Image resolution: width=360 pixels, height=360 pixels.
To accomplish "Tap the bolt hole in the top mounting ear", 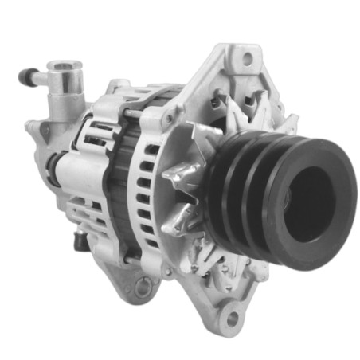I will pos(247,58).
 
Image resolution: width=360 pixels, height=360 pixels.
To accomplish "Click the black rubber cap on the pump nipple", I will pos(25,77).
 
